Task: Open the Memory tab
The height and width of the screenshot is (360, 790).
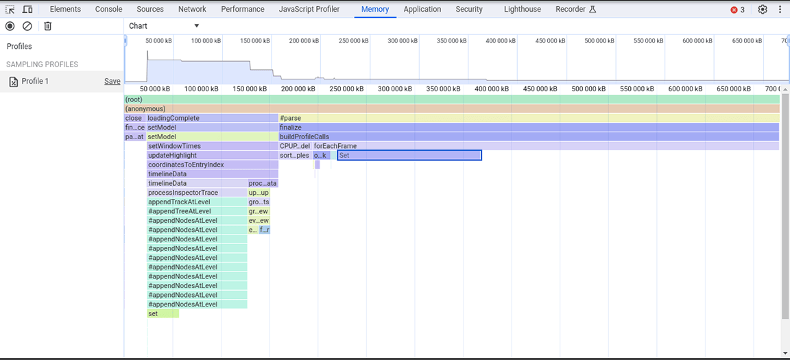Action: coord(375,10)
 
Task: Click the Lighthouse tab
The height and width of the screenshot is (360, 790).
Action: coord(522,10)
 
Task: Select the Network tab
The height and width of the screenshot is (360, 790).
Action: coord(192,10)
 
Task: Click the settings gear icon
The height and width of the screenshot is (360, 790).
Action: coord(763,10)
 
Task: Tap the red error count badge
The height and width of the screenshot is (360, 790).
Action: coord(738,10)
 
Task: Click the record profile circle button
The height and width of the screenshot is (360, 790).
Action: coord(10,26)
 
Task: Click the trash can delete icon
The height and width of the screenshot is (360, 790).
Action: coord(47,26)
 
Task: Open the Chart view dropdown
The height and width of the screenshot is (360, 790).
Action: coord(164,26)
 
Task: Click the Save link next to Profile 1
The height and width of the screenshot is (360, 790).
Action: coord(112,82)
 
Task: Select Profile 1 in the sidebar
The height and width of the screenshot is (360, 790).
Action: coord(36,82)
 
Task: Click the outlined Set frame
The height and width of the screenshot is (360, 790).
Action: coord(409,156)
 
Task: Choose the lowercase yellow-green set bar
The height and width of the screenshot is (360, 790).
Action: coord(163,313)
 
